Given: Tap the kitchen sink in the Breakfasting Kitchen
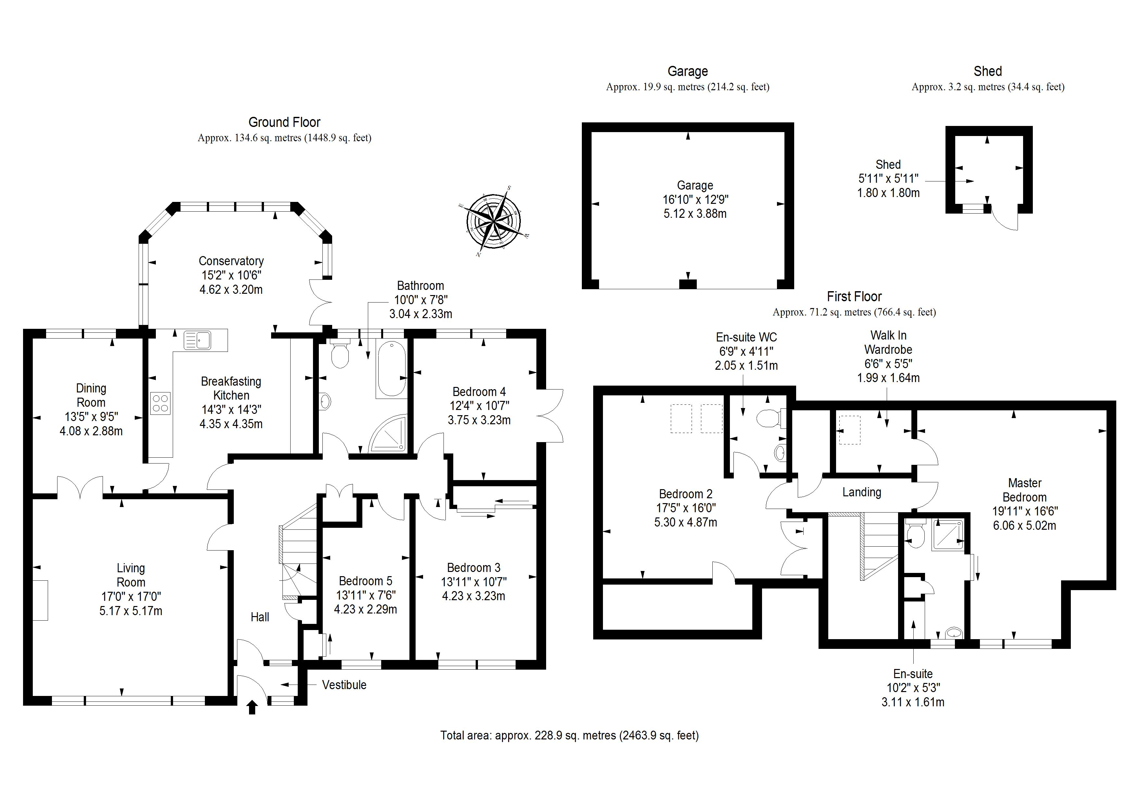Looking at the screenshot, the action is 197,340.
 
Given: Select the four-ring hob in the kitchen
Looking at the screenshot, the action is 160,403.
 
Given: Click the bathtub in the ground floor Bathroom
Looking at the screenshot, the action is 391,368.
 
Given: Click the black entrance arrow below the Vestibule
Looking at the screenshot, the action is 252,707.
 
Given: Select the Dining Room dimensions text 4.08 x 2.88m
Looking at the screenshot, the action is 91,431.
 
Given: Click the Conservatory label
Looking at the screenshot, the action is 231,261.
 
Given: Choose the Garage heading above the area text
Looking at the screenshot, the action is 688,71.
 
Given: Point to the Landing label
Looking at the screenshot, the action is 862,492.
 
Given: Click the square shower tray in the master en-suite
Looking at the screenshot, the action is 947,535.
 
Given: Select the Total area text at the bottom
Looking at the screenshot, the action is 569,735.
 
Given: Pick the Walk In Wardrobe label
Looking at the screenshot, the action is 888,342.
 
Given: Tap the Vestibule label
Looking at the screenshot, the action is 344,685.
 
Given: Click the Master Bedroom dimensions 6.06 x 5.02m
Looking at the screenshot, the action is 1024,525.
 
